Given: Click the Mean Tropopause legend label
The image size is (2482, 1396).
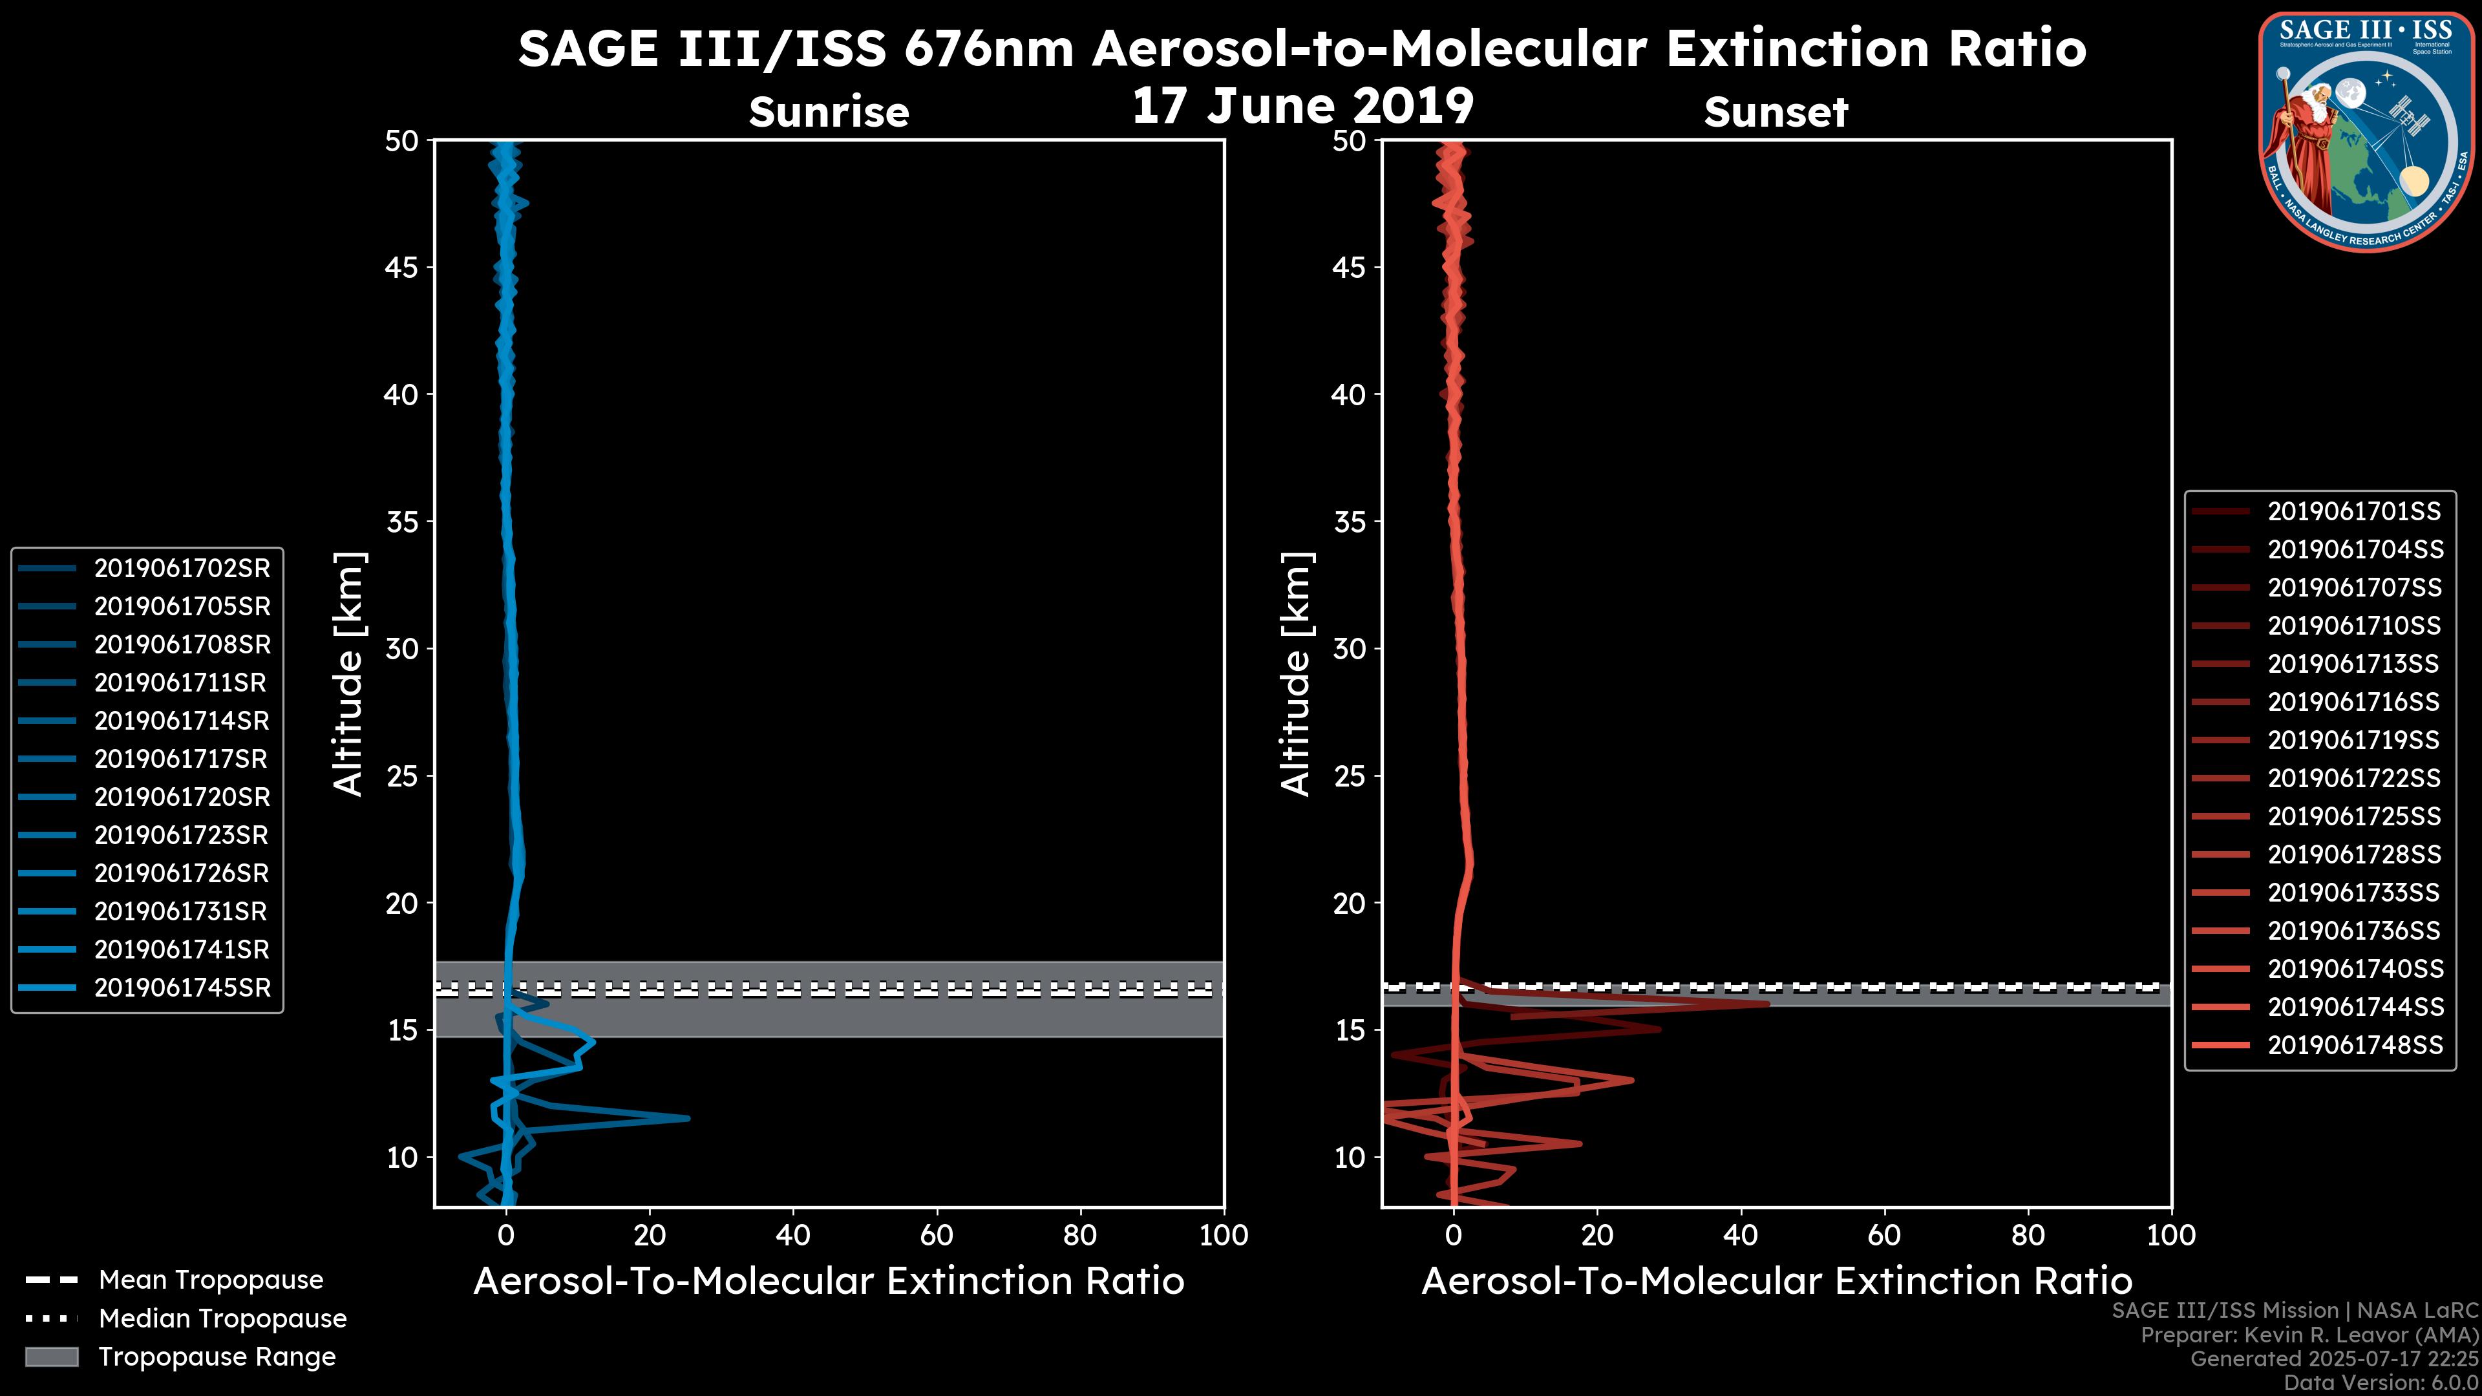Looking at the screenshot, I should (x=211, y=1280).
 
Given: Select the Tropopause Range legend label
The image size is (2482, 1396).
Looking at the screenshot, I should (x=217, y=1357).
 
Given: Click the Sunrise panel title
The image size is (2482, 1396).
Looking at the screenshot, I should (x=829, y=112).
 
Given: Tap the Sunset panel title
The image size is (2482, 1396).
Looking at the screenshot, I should (x=1776, y=112).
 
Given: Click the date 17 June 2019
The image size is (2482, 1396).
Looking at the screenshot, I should (x=1302, y=106).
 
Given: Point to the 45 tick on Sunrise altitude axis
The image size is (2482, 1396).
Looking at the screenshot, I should (x=402, y=267).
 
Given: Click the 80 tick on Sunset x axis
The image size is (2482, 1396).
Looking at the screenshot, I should (x=2028, y=1235).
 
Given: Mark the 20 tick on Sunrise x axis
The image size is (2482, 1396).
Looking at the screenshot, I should (x=650, y=1235).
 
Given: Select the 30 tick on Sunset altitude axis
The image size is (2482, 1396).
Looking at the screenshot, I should (x=1350, y=648).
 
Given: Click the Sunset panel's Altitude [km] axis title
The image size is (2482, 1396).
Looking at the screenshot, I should (x=1296, y=674).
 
